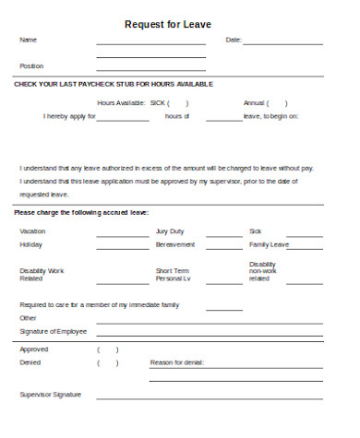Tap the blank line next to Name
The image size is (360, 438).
tap(150, 43)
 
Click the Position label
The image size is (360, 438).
tap(31, 66)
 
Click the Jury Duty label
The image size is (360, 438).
tap(170, 231)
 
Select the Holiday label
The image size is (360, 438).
tap(30, 244)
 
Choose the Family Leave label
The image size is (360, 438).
tap(270, 244)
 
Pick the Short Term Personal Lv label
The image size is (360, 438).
tap(173, 274)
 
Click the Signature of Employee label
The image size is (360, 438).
tap(54, 331)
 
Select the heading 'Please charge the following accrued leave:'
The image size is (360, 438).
tap(80, 213)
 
